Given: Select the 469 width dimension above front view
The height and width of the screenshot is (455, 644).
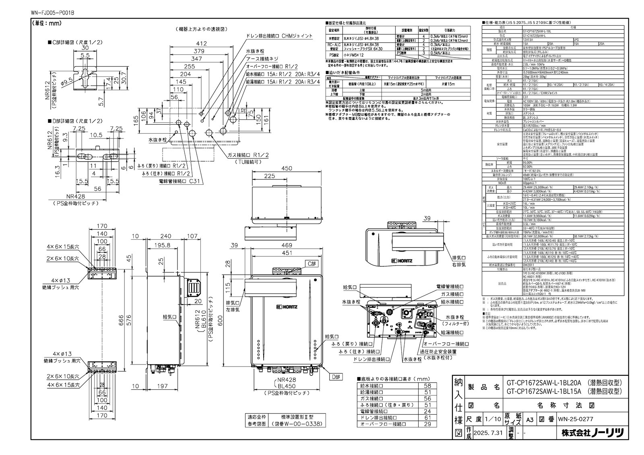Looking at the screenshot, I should point(287,245).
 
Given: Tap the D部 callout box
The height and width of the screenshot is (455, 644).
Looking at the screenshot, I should point(335,377).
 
